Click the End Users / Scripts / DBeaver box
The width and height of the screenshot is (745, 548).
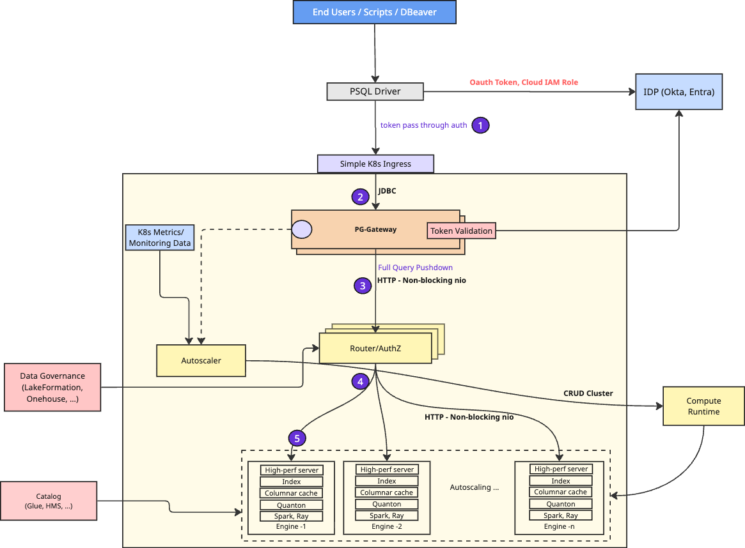click(374, 12)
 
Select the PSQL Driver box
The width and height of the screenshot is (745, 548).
click(375, 91)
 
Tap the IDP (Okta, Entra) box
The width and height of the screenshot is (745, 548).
click(679, 91)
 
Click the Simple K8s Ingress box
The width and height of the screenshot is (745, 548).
click(375, 164)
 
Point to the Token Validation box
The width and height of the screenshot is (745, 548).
click(461, 231)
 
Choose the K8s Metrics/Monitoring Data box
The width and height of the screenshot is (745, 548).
click(160, 237)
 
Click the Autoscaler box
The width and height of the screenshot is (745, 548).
click(201, 361)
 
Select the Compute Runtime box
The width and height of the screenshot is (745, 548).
click(703, 406)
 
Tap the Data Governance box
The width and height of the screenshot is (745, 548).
click(52, 387)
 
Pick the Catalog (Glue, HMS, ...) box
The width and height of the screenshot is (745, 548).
click(49, 501)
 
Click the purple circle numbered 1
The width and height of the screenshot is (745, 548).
click(480, 125)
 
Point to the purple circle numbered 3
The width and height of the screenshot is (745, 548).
click(363, 285)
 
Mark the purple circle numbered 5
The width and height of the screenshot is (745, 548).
click(297, 438)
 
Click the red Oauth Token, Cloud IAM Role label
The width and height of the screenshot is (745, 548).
click(524, 82)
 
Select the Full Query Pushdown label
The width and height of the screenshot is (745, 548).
click(415, 268)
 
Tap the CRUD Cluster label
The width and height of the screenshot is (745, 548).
click(588, 393)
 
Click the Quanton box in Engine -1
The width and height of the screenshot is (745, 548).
click(291, 505)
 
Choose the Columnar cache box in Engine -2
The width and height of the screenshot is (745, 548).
click(387, 492)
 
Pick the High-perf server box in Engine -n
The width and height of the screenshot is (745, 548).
click(561, 469)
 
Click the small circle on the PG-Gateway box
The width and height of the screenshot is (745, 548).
click(302, 230)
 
